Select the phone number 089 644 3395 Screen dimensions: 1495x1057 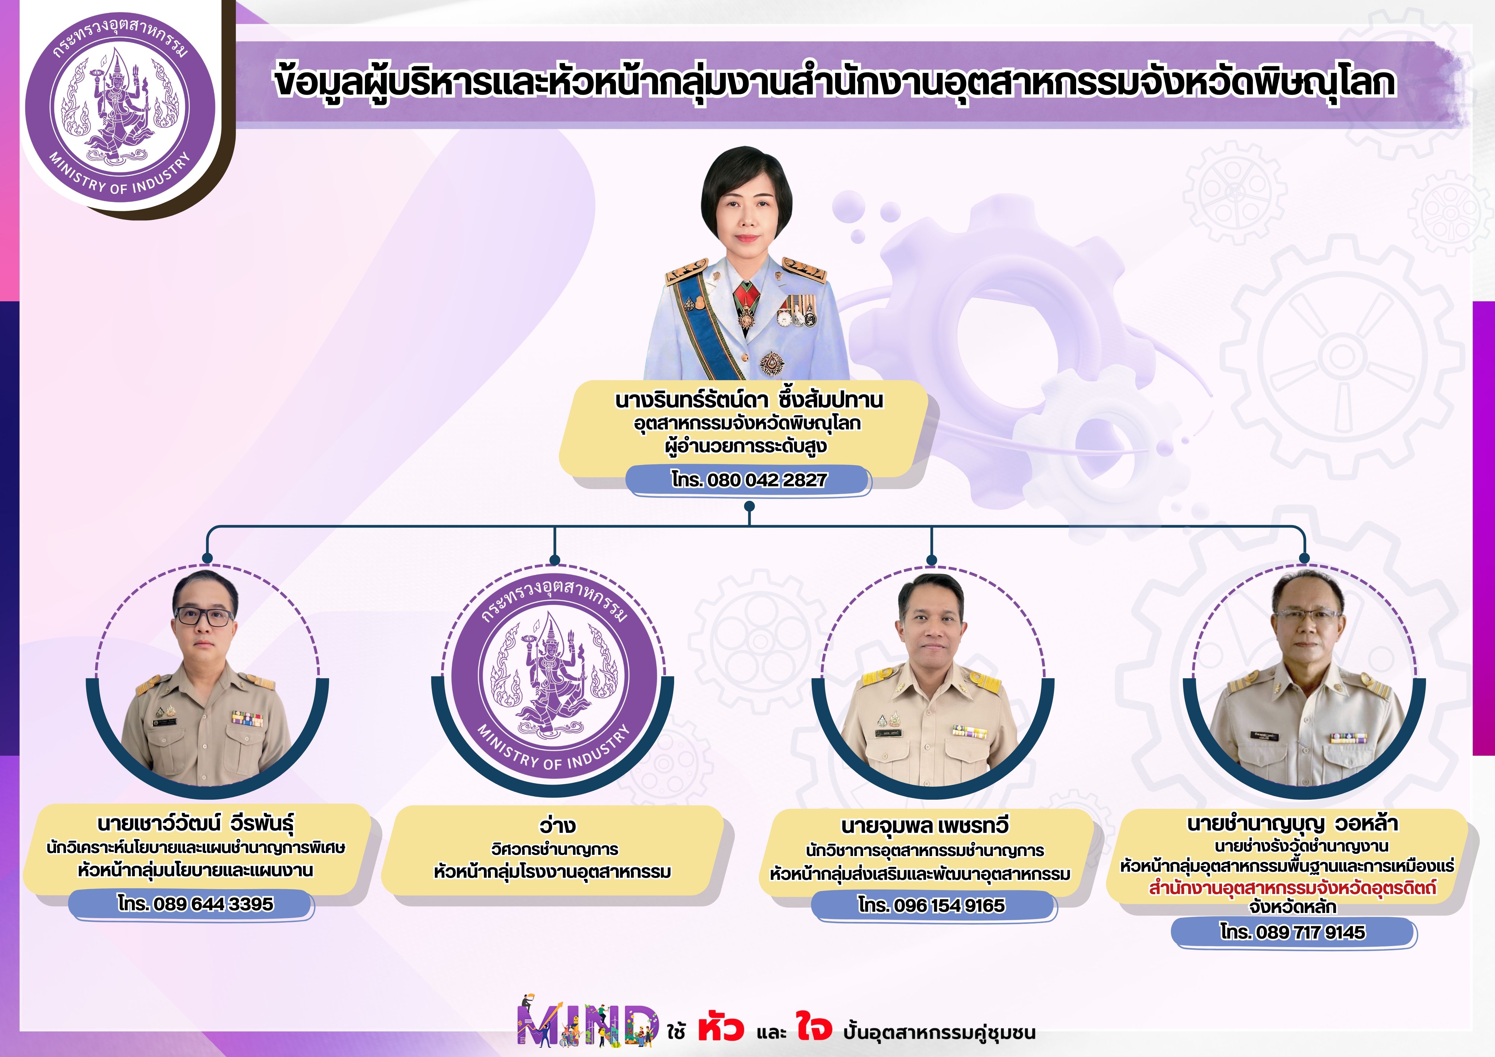pyautogui.click(x=195, y=904)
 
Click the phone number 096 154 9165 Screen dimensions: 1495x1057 pyautogui.click(x=931, y=905)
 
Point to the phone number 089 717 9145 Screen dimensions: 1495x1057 pyautogui.click(x=1292, y=932)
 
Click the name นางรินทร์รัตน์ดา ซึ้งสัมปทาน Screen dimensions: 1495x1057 pyautogui.click(x=749, y=400)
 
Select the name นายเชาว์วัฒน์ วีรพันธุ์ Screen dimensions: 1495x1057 pyautogui.click(x=195, y=824)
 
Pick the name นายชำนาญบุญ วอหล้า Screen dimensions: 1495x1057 pyautogui.click(x=1292, y=823)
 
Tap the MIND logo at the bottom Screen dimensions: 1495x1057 pyautogui.click(x=586, y=1022)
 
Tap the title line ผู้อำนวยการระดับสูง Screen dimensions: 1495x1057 pyautogui.click(x=746, y=447)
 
